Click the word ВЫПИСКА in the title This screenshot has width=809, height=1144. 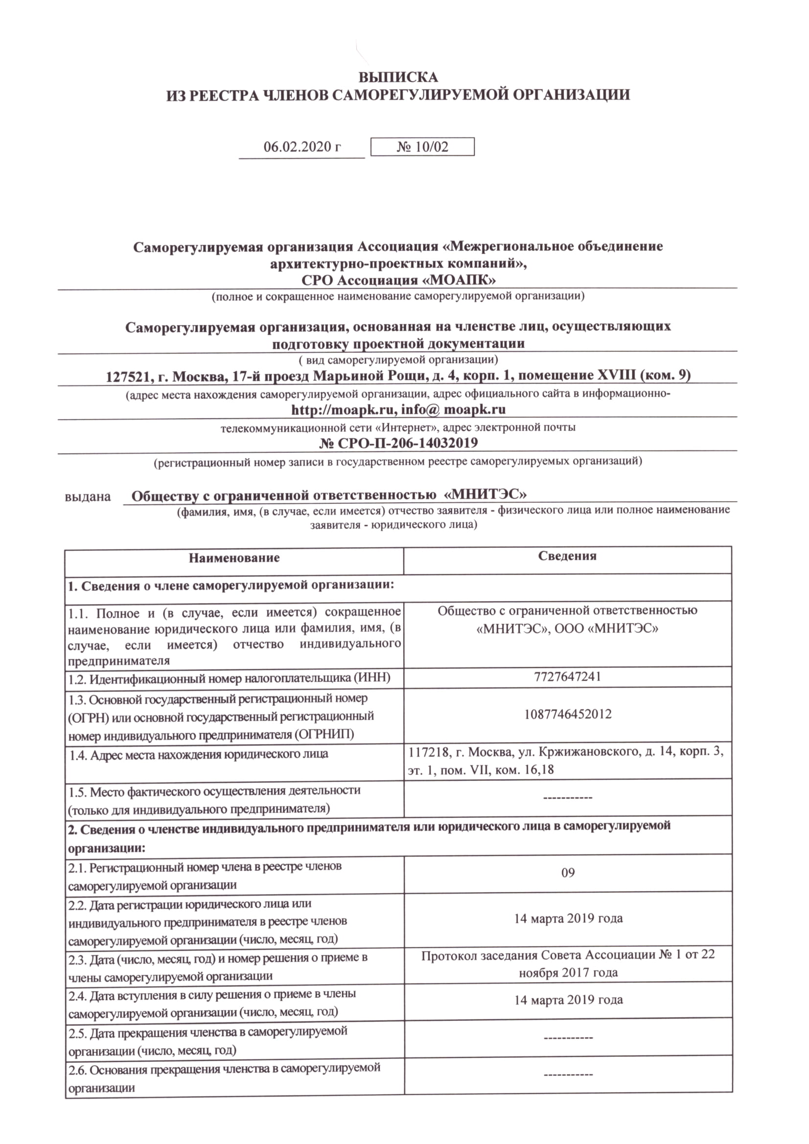[398, 77]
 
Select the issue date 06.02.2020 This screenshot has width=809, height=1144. [296, 147]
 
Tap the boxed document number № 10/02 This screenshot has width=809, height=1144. [422, 147]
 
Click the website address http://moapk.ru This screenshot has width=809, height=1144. [344, 409]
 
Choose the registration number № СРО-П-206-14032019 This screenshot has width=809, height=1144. [398, 443]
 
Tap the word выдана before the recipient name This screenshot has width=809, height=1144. [88, 497]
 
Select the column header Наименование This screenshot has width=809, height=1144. [234, 558]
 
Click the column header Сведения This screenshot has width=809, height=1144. [567, 556]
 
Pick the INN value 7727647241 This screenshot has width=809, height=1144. [567, 676]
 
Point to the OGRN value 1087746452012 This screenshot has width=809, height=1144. [567, 714]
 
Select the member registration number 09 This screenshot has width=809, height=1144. [568, 873]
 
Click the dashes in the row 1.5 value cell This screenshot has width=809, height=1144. [568, 798]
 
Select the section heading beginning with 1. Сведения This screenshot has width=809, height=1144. [231, 585]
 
